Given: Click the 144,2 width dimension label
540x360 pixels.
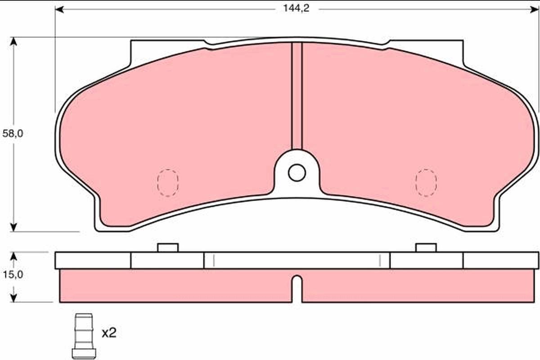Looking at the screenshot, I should point(296,9).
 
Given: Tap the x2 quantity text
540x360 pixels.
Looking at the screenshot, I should point(108,333).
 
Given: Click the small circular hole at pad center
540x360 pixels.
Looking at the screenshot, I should point(297,173).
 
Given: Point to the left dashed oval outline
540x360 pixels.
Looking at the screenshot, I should point(167,183).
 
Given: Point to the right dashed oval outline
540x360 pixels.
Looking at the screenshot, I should point(426,183).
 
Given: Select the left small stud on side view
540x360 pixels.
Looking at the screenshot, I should point(167,247).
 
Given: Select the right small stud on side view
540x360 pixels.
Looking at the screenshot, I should point(426,247).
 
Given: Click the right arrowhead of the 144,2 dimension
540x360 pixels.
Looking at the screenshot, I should point(535,9).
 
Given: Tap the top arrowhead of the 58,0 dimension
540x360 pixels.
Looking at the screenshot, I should point(13,42).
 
